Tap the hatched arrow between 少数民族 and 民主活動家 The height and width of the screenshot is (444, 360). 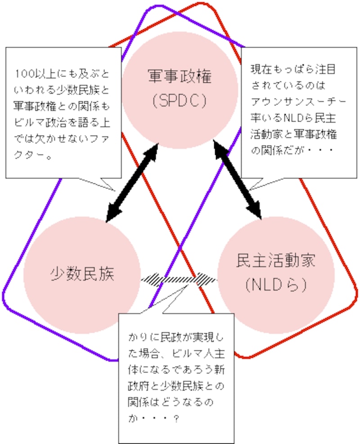coord(179,279)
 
